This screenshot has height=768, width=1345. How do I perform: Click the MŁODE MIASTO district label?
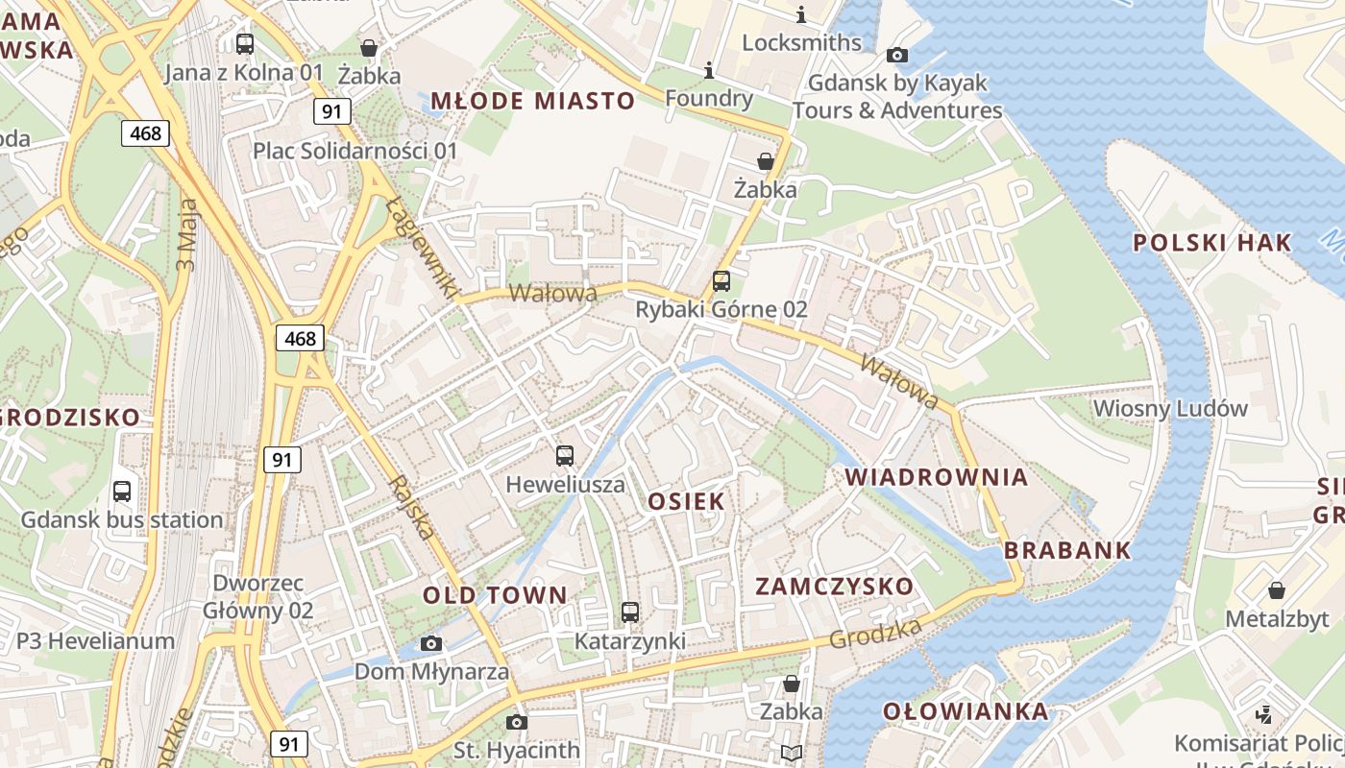coord(532,101)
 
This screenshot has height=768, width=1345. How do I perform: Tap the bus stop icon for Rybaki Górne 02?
coord(721,281)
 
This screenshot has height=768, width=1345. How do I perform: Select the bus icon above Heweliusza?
coord(565,456)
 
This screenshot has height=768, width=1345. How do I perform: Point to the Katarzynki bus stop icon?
coord(630,612)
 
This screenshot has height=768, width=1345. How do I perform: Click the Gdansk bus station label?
coord(122,520)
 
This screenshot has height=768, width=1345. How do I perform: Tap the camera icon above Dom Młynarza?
coord(431,643)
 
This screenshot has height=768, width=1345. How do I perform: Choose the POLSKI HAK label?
coord(1212,243)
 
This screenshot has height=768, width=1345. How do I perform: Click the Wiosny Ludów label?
coord(1170,409)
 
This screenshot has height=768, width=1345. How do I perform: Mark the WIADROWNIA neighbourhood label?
coord(936,477)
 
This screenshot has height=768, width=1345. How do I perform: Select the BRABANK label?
coord(1067,551)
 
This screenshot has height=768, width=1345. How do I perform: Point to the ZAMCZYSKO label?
coord(834,587)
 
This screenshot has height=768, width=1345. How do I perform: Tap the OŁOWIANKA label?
coord(966,711)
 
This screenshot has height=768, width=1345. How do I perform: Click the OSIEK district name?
coord(686,501)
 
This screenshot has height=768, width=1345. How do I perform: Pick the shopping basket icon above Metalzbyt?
coord(1276,589)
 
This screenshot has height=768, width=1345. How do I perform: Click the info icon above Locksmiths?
coord(801,14)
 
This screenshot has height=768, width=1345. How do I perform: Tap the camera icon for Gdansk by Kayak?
coord(897,56)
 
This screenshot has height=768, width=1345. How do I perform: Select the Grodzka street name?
coord(875,633)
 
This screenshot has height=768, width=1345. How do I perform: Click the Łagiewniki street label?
coord(423,247)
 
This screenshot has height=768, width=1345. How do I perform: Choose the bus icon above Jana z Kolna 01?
coord(245,43)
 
